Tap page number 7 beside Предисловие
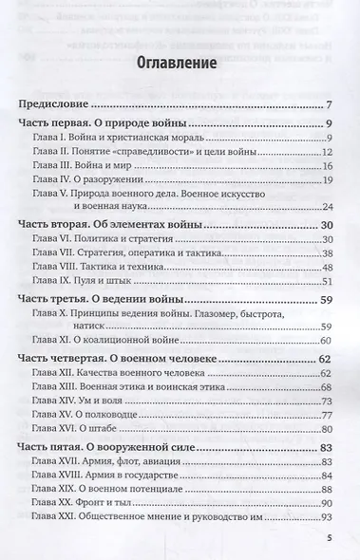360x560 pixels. click(326, 104)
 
